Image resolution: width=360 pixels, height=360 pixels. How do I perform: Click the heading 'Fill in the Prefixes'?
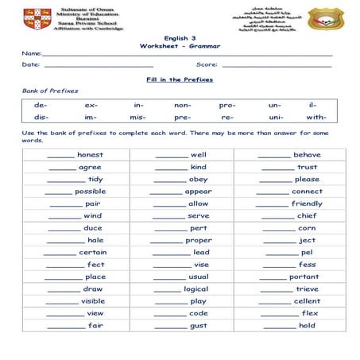coord(180,80)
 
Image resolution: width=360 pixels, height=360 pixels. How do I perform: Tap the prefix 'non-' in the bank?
coord(183,105)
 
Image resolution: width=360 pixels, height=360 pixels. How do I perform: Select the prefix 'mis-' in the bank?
coord(138,117)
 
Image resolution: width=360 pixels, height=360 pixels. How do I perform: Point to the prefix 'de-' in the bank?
coord(41,105)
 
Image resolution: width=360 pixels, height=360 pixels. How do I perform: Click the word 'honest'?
coord(90,155)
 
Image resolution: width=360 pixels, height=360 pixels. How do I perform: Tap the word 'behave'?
coord(307,155)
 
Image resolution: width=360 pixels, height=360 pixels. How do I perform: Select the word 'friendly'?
coord(307,203)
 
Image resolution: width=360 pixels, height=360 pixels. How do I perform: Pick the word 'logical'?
coord(196,289)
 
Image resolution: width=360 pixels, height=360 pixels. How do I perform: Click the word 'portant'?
coord(304,277)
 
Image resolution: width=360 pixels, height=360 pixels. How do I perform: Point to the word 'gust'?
coord(199,326)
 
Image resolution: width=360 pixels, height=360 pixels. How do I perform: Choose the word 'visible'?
coord(93,301)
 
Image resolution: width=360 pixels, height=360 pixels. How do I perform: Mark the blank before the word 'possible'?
coord(58,192)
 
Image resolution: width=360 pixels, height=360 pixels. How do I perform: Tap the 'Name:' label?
coord(31,53)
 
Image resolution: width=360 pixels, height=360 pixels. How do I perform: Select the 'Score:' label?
coord(207,64)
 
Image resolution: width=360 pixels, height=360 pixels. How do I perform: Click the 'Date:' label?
coord(30,64)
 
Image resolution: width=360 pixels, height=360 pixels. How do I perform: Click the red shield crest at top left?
coord(37,16)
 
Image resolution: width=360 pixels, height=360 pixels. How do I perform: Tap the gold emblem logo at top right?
coord(322,17)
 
